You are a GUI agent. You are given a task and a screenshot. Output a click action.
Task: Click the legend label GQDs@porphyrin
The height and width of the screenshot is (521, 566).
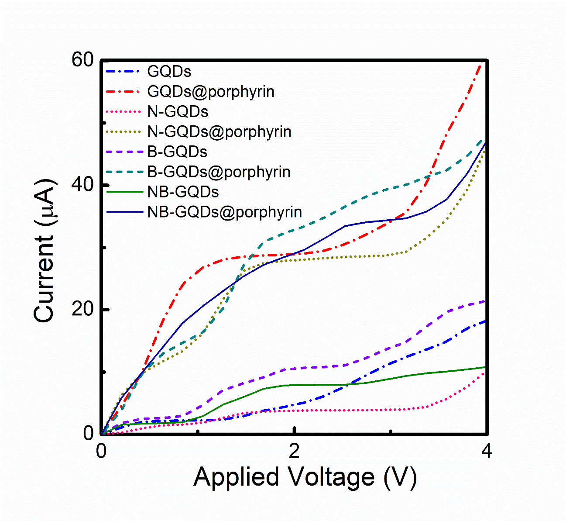point(211,92)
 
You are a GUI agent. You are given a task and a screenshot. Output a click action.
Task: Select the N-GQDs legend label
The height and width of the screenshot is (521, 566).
point(178,112)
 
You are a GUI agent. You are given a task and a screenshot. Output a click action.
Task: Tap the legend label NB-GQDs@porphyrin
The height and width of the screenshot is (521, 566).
point(225,212)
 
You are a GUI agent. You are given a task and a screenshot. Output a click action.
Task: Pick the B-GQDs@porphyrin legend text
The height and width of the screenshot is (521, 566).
point(219,172)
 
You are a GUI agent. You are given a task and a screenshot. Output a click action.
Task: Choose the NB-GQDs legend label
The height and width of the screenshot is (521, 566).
point(183,192)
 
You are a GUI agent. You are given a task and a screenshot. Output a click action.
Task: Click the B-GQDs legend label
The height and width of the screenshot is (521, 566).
point(177,152)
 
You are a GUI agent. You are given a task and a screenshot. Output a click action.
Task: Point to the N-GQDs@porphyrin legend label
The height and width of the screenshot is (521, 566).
point(220,131)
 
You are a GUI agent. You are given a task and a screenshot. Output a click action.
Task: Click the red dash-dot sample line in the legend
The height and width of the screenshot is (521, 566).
point(124,92)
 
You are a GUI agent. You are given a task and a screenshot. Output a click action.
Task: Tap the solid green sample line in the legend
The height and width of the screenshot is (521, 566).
point(124,192)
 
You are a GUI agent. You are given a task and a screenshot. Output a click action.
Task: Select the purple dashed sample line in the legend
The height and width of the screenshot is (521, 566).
point(124,152)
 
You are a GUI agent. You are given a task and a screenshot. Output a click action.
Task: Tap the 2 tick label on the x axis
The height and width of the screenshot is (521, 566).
point(295,452)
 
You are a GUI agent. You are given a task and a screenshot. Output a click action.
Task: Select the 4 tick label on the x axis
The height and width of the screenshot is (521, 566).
point(486,452)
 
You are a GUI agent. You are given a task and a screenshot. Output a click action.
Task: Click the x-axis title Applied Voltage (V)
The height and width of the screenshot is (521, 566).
point(305,477)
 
